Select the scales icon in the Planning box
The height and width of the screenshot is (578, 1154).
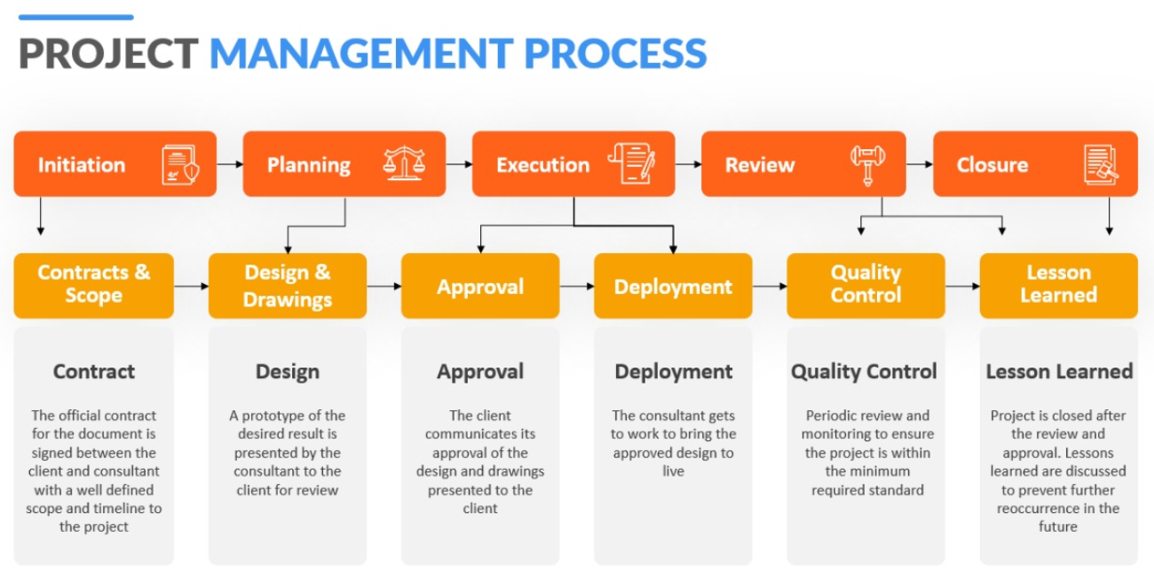click(x=404, y=164)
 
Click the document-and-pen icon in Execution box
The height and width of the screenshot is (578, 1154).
click(x=632, y=164)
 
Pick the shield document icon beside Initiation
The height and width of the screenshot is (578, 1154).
click(x=180, y=165)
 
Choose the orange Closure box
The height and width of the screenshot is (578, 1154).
click(x=1034, y=164)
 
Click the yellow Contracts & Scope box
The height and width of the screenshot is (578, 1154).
click(x=93, y=285)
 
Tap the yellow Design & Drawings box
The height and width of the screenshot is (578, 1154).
click(x=287, y=285)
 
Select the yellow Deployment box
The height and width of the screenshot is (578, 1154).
click(x=673, y=286)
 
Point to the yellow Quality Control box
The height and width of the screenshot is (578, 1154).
click(x=865, y=285)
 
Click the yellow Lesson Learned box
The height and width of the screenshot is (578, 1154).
click(x=1058, y=285)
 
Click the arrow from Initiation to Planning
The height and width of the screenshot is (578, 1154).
click(x=230, y=164)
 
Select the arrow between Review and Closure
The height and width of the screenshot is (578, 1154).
click(x=920, y=164)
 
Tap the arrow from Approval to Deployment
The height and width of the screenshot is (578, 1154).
click(x=577, y=286)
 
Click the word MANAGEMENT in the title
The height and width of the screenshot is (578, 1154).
click(x=360, y=53)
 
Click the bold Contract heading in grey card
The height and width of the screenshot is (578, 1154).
click(x=93, y=371)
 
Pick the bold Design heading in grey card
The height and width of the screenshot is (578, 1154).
click(x=287, y=371)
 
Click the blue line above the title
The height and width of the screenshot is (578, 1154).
click(x=75, y=17)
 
